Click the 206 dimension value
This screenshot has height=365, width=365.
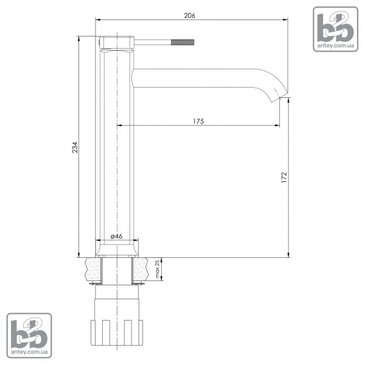click(189, 15)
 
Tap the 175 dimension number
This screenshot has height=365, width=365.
click(198, 121)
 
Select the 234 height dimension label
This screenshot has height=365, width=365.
click(75, 147)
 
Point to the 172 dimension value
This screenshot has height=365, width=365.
click(284, 177)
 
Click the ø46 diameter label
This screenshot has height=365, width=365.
click(116, 236)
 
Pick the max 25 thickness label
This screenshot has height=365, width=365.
click(158, 269)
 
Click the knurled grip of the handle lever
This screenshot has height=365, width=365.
click(182, 42)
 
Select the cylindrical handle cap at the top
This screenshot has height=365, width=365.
click(117, 43)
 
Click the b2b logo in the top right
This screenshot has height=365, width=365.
click(335, 29)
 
